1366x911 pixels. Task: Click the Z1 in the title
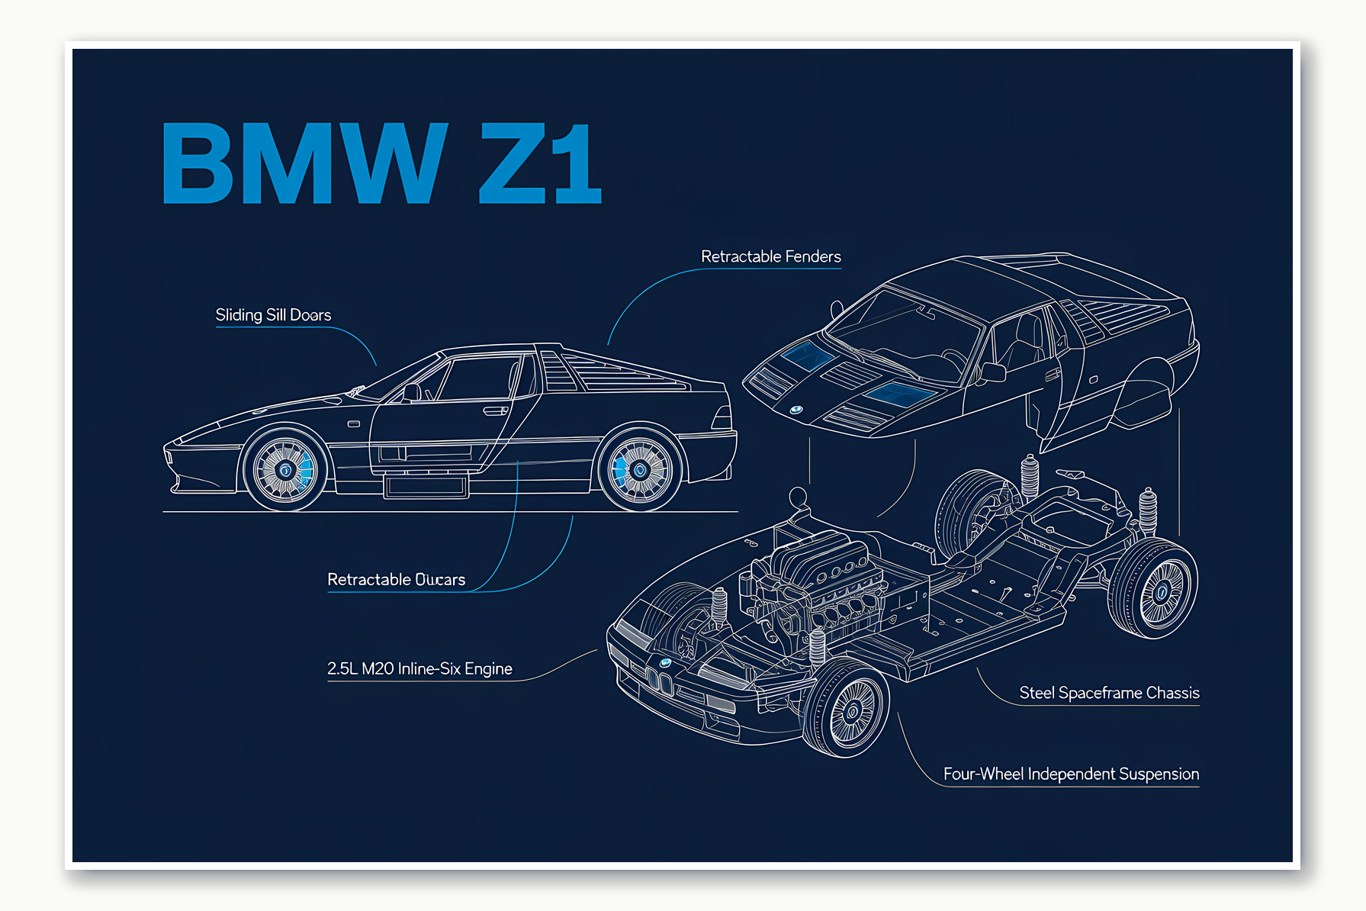coord(540,163)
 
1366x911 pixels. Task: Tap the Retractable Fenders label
coord(770,257)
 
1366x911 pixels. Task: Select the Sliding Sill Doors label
coord(273,315)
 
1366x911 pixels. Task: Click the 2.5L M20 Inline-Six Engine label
coord(419,669)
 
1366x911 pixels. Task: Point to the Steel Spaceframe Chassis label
coord(1109,693)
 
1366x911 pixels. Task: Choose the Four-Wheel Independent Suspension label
coord(1071,774)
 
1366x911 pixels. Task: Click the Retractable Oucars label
coord(396,580)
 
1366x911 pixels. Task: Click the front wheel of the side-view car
coord(285,469)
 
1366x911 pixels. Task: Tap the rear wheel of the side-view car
coord(640,469)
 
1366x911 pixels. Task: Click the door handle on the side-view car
coord(495,411)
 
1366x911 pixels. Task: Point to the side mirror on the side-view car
coord(412,392)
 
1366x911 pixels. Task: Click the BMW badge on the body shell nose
coord(795,410)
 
